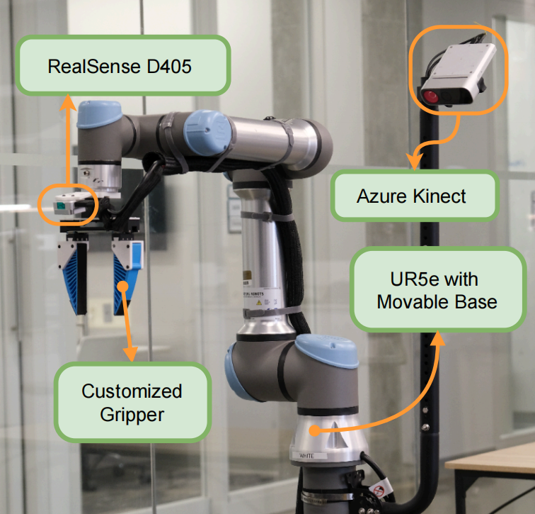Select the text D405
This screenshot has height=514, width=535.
tap(166, 67)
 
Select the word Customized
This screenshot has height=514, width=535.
tap(132, 391)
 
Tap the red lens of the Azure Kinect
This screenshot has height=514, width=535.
tap(431, 96)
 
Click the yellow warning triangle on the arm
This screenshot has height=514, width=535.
tap(259, 302)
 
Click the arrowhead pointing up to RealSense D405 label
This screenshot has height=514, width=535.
tap(69, 104)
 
